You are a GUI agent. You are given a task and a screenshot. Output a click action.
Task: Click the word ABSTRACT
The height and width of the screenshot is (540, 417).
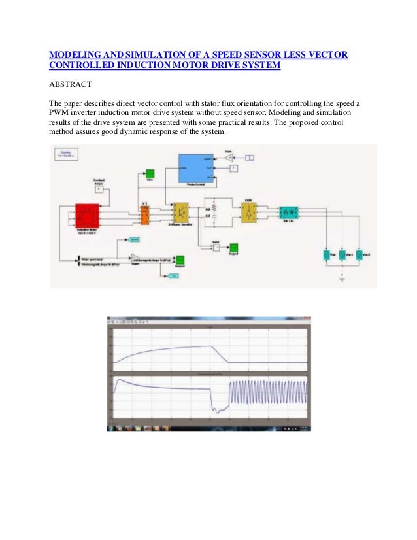[71, 85]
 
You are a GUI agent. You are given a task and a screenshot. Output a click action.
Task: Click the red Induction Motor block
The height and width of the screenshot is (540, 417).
[86, 214]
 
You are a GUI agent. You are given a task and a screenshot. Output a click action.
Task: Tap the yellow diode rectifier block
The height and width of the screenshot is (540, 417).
[249, 212]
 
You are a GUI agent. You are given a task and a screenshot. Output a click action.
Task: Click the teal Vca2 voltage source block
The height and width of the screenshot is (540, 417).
[359, 255]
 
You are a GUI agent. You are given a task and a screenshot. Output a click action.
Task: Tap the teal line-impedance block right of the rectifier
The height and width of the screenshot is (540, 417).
[288, 212]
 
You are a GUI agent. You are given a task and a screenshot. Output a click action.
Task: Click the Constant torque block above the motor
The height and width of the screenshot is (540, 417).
[100, 190]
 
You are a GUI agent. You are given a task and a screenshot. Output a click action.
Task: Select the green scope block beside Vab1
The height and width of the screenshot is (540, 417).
[233, 246]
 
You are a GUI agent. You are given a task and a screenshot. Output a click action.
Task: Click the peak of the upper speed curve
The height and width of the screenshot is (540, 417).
[210, 346]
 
